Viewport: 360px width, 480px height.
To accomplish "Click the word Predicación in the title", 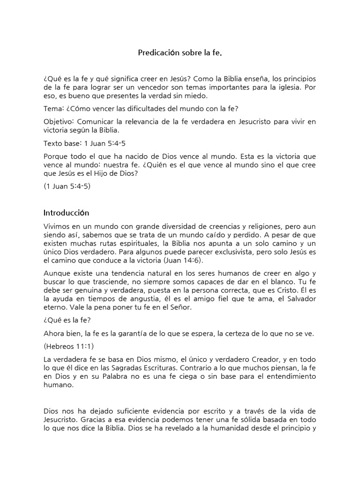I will point(158,53).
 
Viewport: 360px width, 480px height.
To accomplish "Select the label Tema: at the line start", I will point(53,109).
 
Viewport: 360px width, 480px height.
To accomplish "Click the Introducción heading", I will point(66,213).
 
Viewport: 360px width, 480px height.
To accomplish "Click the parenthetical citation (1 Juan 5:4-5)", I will point(67,186).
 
